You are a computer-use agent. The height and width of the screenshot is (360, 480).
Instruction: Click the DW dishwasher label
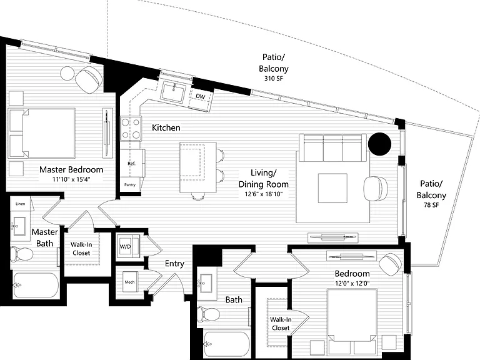point(201,96)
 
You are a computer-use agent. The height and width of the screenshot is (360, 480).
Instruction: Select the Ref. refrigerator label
point(131,164)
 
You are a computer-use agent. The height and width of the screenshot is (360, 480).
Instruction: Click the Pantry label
point(130,185)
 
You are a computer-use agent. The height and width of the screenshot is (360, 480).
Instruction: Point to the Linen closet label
point(21,204)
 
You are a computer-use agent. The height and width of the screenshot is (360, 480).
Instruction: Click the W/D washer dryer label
point(125,247)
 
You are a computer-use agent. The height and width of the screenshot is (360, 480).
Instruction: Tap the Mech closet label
point(129,282)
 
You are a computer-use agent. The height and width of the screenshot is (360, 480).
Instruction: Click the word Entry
point(174,264)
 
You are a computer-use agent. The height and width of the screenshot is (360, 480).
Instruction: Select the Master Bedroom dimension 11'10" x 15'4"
point(71,179)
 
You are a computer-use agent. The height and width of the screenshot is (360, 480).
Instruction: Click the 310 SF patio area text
point(273,79)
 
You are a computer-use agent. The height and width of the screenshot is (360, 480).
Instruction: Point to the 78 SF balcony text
point(431,205)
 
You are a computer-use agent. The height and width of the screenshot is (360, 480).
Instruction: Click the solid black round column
point(379,144)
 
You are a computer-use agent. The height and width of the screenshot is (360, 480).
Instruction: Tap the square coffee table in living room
point(332,188)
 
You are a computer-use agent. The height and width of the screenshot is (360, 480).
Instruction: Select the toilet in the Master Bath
point(21,254)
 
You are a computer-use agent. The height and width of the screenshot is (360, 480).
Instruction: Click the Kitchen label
point(166,127)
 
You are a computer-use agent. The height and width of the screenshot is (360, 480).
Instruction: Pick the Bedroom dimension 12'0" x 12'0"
point(352,284)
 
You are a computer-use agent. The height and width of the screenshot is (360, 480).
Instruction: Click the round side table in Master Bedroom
point(67,73)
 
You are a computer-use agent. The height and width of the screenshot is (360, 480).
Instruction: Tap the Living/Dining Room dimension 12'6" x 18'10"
point(264,194)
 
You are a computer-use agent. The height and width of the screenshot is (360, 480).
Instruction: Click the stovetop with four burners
point(131,128)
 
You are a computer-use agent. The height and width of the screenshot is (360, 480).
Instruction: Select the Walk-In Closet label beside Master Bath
point(81,249)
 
